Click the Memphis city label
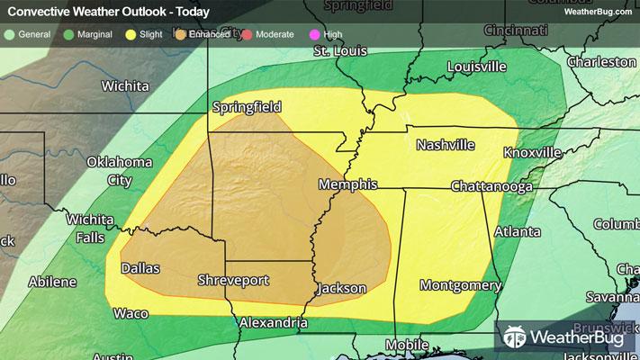(x=347, y=184)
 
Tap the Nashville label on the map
(x=446, y=145)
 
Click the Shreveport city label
(x=233, y=281)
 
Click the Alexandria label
(x=273, y=321)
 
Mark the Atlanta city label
(x=511, y=231)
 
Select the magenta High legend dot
(x=315, y=34)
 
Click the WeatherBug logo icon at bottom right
(x=517, y=337)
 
